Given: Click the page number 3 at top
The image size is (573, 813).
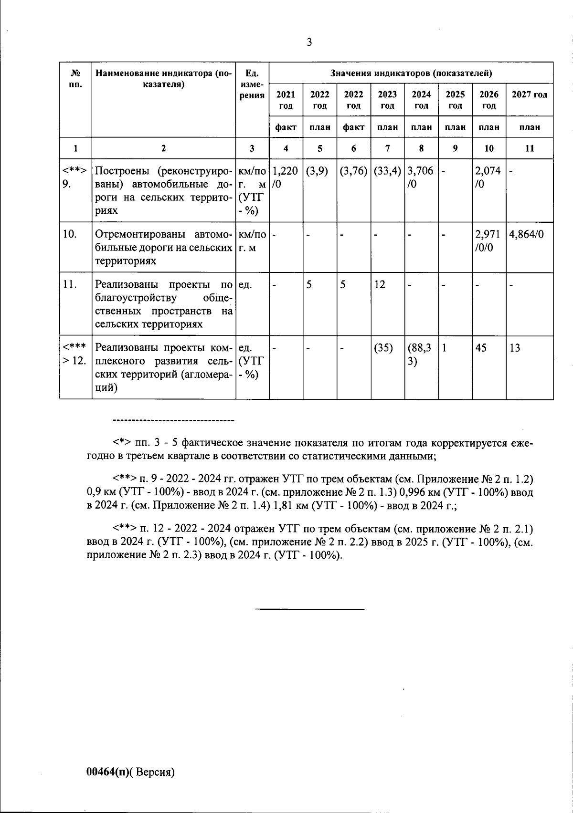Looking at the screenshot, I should coord(309,42).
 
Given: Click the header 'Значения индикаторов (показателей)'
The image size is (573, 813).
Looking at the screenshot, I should coord(411,73).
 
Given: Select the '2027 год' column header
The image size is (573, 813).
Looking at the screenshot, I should coord(529,94).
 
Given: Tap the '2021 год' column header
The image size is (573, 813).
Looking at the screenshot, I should coord(286,100).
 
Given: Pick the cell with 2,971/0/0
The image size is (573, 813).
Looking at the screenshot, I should coord(488,241).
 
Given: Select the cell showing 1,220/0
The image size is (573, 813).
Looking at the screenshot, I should coord(285,177).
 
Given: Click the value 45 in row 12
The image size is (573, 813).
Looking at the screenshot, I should coord(481,348).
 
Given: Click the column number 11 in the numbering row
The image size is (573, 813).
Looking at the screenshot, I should coord(529,148).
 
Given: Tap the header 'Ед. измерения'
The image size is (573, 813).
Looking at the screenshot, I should coord(252,84).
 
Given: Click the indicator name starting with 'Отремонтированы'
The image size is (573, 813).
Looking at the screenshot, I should coord(163,248).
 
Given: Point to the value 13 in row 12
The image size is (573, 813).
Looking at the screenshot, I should coord(515,348).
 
